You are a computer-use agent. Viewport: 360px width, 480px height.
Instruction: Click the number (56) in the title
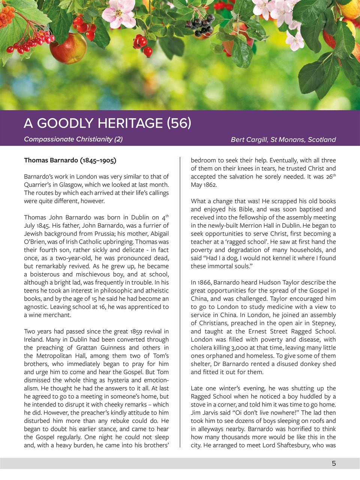click(179, 123)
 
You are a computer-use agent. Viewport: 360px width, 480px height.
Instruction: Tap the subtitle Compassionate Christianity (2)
click(73, 139)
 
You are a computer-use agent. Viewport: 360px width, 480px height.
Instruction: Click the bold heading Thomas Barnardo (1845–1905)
click(70, 160)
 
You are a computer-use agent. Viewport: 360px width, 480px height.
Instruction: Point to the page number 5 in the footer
click(334, 463)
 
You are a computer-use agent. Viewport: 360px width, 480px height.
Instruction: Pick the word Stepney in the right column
click(323, 323)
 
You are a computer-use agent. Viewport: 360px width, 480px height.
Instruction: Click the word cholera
click(201, 348)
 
